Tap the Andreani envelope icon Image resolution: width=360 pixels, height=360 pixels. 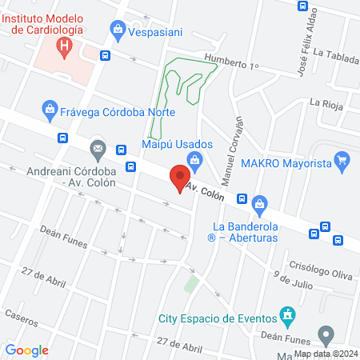tap(98, 148)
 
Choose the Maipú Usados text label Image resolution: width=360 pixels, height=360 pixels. tap(177, 144)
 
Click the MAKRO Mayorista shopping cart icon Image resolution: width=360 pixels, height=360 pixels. tap(342, 159)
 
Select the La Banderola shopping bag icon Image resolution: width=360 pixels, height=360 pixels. tap(258, 203)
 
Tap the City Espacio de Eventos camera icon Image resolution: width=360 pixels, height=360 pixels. tap(286, 312)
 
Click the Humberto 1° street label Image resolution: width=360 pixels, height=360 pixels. tap(232, 63)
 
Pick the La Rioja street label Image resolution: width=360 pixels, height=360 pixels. tap(326, 102)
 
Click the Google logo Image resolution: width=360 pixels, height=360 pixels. tap(27, 350)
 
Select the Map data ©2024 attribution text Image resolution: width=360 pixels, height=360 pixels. tap(325, 354)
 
